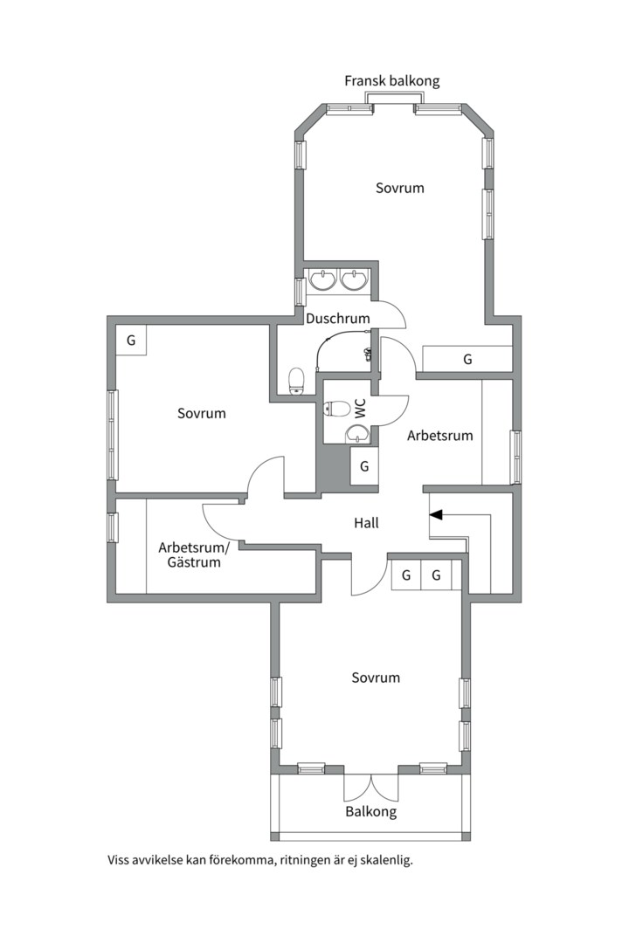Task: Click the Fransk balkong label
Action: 392,81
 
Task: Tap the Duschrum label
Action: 338,318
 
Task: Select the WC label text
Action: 361,409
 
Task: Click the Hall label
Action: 366,523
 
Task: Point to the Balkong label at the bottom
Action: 370,812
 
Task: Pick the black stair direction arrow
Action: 437,515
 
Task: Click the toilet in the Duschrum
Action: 296,382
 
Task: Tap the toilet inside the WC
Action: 337,409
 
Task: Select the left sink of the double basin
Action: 324,279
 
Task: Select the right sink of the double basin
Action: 353,279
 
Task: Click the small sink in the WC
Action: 359,433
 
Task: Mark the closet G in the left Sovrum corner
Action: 131,341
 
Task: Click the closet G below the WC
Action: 364,466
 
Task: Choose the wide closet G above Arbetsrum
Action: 467,359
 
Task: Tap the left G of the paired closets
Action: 406,575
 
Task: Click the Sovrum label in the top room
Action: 399,189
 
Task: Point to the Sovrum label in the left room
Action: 202,414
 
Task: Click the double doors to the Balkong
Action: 370,787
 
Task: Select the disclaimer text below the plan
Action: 260,860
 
